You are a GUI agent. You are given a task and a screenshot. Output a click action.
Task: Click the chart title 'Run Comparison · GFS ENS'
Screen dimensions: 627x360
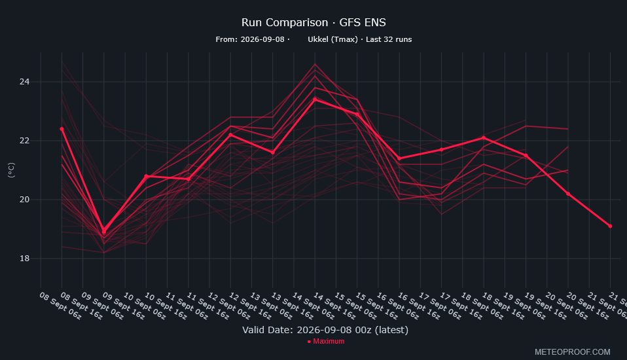pyautogui.click(x=313, y=22)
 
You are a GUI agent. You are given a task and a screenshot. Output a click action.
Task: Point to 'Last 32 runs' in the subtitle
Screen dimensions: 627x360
pyautogui.click(x=389, y=39)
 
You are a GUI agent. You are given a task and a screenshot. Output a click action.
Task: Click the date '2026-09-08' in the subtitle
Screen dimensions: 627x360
pyautogui.click(x=262, y=39)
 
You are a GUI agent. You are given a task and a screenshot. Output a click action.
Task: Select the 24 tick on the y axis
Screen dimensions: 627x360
pyautogui.click(x=24, y=82)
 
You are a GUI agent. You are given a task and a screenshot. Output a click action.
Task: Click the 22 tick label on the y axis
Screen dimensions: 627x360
pyautogui.click(x=24, y=140)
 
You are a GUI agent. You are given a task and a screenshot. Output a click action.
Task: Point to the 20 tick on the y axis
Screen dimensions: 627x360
pyautogui.click(x=24, y=199)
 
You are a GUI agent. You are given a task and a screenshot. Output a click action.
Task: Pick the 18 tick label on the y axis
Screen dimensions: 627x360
pyautogui.click(x=24, y=259)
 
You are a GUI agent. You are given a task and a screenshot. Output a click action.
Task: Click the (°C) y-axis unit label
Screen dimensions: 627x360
pyautogui.click(x=11, y=170)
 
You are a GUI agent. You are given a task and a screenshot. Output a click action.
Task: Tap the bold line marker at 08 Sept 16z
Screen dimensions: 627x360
pyautogui.click(x=62, y=129)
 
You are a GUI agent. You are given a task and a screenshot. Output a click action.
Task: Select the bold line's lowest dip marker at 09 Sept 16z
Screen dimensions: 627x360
pyautogui.click(x=104, y=232)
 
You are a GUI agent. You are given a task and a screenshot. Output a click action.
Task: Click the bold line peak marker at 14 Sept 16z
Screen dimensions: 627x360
pyautogui.click(x=315, y=99)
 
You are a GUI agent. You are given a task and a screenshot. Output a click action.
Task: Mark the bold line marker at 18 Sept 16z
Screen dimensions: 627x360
pyautogui.click(x=484, y=137)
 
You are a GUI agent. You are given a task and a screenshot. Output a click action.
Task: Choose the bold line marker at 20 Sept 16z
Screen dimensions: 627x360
pyautogui.click(x=568, y=194)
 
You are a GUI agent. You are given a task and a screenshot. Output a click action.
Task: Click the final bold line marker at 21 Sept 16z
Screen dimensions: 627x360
pyautogui.click(x=610, y=226)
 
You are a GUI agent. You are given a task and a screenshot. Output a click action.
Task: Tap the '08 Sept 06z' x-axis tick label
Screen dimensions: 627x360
pyautogui.click(x=60, y=306)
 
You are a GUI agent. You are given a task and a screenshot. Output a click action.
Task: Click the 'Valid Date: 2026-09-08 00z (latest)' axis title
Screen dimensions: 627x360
pyautogui.click(x=325, y=330)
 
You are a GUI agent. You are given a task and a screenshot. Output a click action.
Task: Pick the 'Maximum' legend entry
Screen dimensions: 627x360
pyautogui.click(x=326, y=341)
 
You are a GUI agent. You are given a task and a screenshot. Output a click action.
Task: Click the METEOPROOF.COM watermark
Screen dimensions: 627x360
pyautogui.click(x=573, y=352)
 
